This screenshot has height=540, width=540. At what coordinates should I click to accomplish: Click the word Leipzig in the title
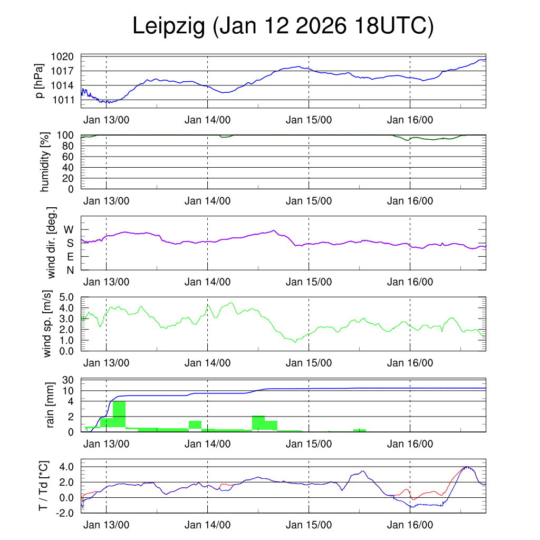tap(168, 26)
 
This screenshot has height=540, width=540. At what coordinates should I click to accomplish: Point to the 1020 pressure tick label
tap(66, 56)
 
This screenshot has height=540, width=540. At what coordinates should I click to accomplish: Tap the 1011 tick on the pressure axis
tap(66, 100)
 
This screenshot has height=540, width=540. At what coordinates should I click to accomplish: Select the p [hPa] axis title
tap(40, 81)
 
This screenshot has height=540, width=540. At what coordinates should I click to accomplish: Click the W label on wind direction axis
tap(69, 229)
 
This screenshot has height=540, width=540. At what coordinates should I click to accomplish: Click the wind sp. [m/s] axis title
tap(48, 324)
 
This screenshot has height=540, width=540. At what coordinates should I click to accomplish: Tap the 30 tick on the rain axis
tap(69, 380)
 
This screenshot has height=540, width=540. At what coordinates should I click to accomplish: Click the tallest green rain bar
tap(119, 414)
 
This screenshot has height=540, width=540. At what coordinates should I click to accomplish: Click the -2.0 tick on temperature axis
tap(66, 513)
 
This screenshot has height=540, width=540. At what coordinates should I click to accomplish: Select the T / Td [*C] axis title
tap(45, 486)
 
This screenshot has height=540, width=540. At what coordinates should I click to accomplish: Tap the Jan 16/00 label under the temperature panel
tap(410, 525)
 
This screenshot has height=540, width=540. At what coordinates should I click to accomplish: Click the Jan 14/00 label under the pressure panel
tap(207, 120)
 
